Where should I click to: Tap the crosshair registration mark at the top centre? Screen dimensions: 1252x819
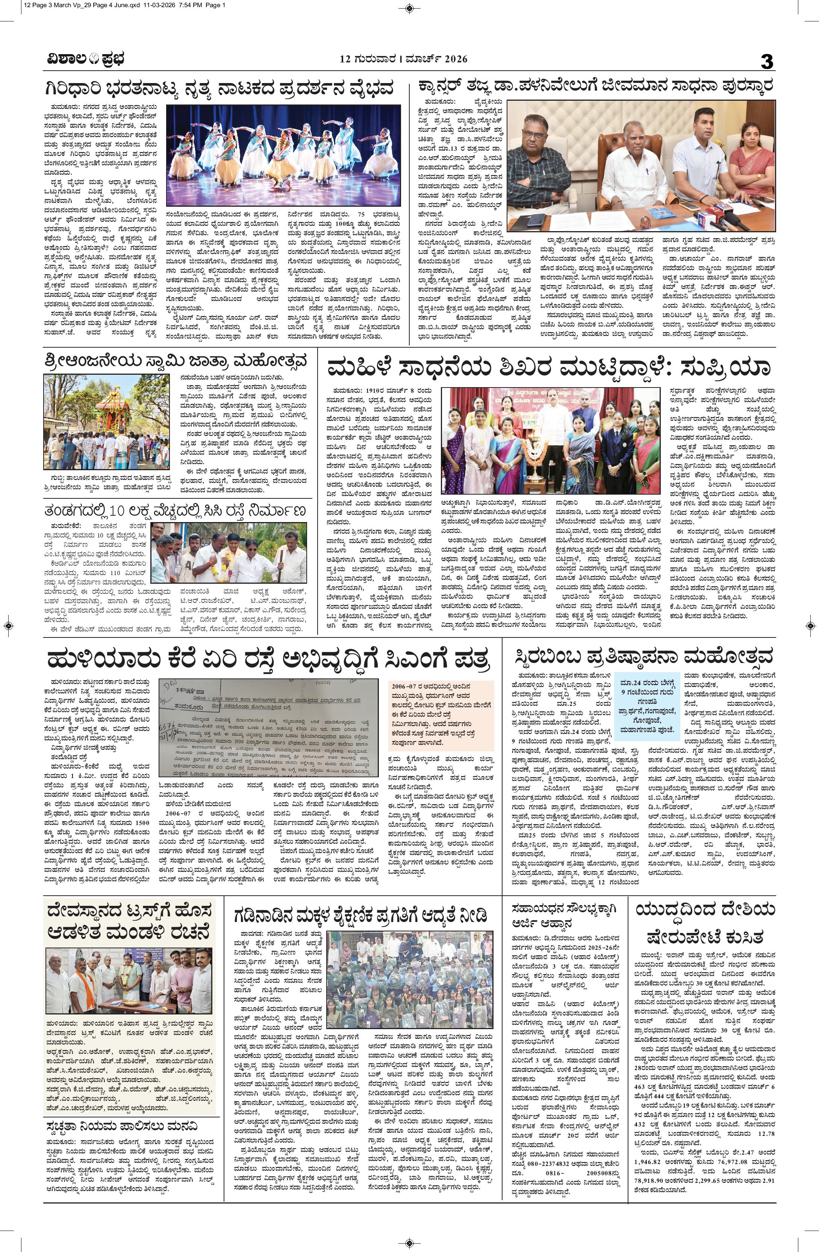tap(409, 8)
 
